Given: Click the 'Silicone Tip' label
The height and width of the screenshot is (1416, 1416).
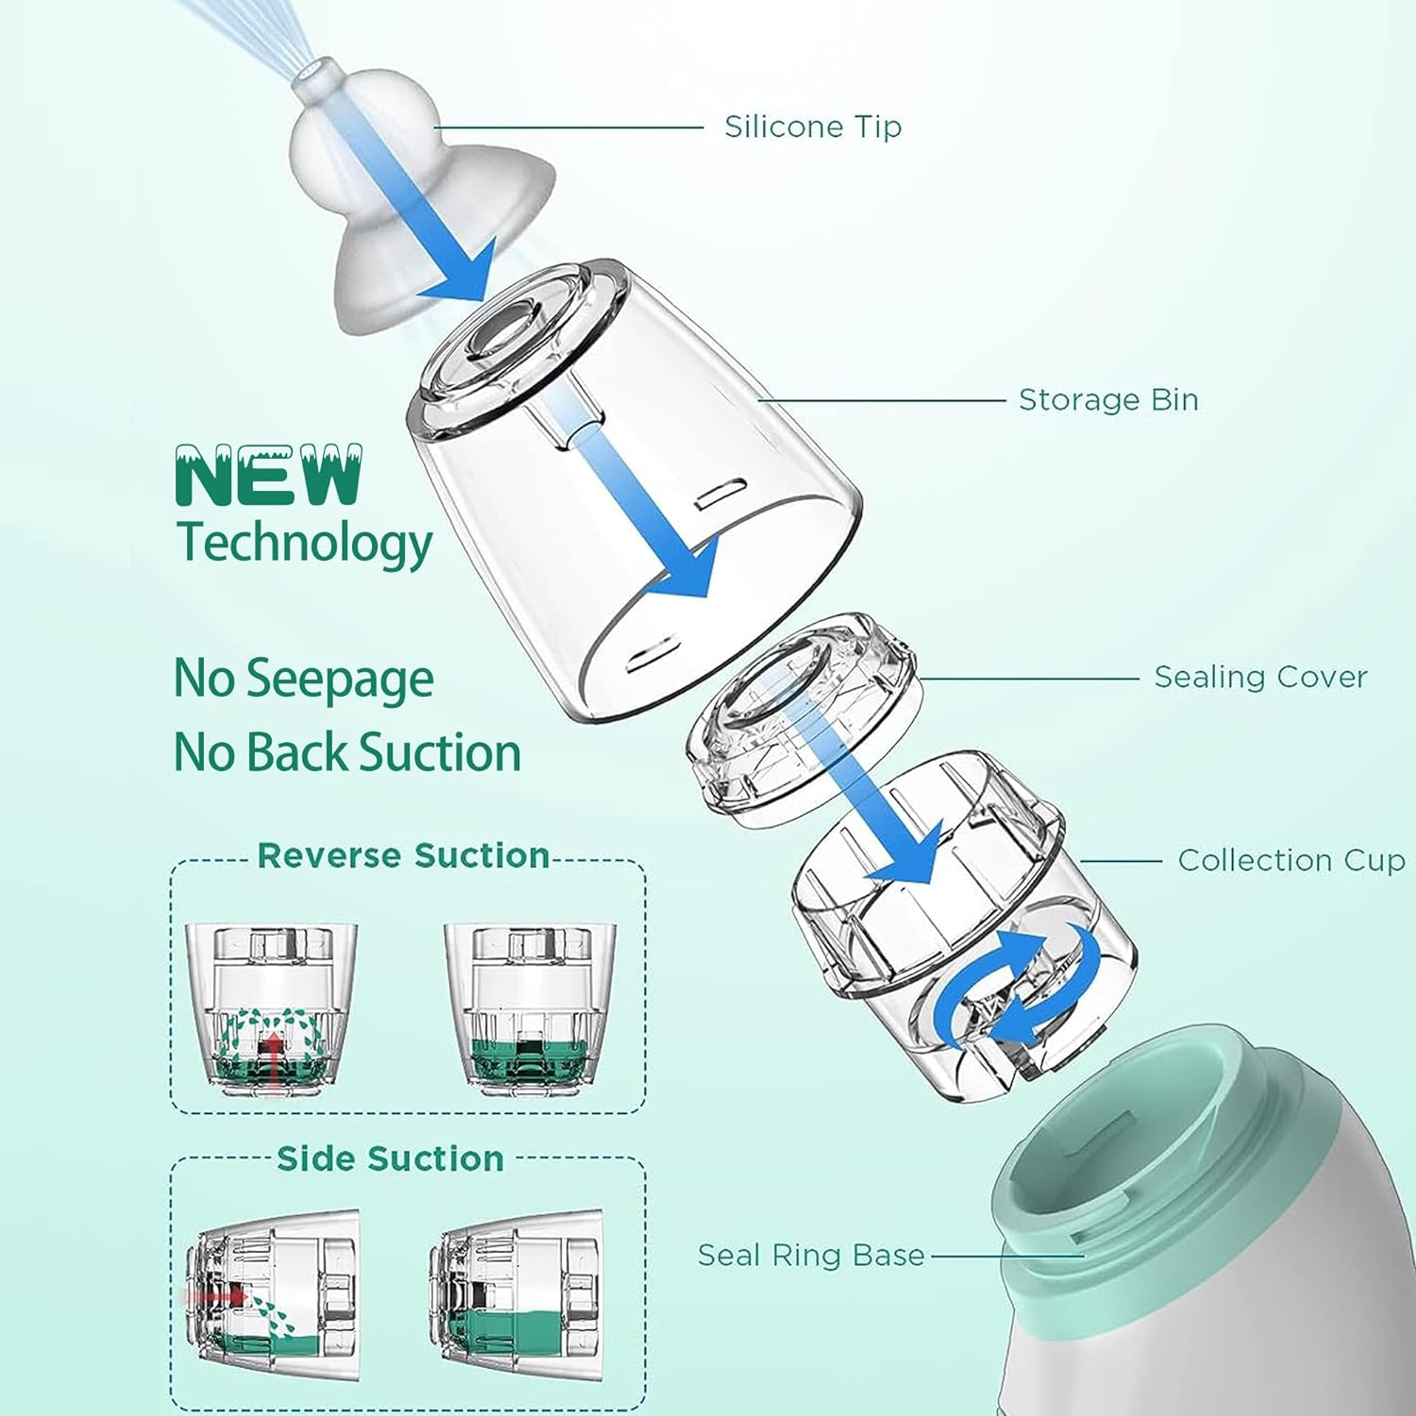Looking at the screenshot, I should point(812,126).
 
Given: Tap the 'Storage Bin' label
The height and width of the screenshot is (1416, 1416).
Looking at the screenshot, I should point(1108,400).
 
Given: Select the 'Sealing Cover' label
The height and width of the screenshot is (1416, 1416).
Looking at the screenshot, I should point(1260,677).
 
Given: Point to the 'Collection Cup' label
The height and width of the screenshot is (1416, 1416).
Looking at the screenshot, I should point(1290,861).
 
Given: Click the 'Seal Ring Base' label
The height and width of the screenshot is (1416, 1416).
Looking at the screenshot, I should point(811,1256).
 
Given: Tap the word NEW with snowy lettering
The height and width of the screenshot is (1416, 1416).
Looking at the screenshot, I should point(269,477).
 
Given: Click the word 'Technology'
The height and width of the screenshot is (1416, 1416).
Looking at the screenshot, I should point(305,544).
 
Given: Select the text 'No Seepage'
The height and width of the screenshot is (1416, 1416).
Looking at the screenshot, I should point(304,679).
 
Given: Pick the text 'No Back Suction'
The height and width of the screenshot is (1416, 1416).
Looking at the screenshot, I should point(347,752).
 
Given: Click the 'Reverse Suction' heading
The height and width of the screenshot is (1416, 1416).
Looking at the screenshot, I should point(404,856).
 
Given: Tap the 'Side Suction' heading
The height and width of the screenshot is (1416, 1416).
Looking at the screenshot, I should point(390,1159).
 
